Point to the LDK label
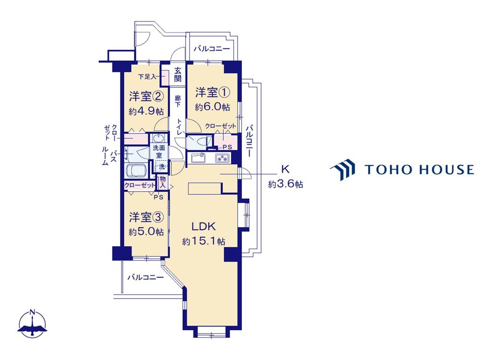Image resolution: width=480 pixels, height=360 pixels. (204, 226)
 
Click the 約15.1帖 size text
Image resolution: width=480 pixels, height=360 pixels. (204, 241)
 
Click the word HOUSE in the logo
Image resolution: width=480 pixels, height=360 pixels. (446, 169)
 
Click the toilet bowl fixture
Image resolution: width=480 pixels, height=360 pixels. (197, 142)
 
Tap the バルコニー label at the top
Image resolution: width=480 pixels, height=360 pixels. (212, 49)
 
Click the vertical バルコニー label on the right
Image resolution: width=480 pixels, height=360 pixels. (249, 143)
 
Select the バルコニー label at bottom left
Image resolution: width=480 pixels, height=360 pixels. (145, 277)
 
